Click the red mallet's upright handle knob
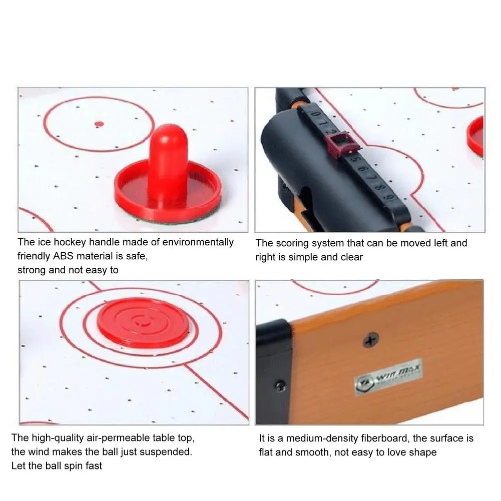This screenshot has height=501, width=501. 168,166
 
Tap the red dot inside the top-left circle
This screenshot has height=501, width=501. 100,124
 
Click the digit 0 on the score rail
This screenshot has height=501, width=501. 314,114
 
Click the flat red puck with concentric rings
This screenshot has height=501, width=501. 143,323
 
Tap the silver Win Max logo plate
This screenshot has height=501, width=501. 388,377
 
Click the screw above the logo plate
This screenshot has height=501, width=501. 371,340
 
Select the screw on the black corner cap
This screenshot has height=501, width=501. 281,386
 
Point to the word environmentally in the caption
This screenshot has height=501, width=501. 198,242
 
